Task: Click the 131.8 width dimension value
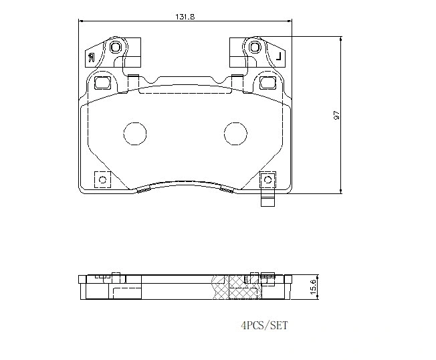[x=185, y=17]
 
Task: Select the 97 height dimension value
[x=337, y=115]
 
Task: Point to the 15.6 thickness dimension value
[x=312, y=286]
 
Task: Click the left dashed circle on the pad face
[x=134, y=134]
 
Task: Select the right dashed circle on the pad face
[x=235, y=134]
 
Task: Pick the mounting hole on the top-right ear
[x=255, y=48]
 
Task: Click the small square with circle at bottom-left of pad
[x=102, y=180]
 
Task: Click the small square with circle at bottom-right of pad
[x=267, y=179]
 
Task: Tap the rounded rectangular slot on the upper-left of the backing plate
[x=104, y=83]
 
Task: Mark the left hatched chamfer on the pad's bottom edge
[x=141, y=190]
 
